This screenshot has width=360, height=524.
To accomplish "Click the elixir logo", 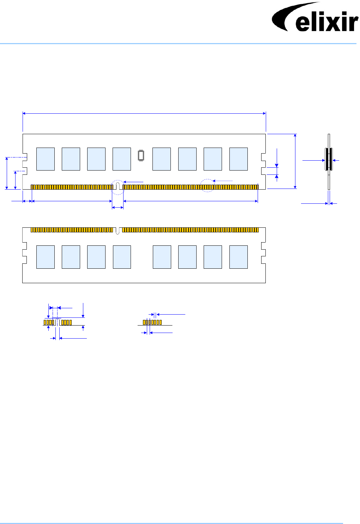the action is (x=315, y=17).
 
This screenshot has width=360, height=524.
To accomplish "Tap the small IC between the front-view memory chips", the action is (x=141, y=156).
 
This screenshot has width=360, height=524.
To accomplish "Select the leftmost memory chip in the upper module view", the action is (x=46, y=159).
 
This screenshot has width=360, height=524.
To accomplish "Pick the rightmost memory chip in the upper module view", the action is (x=239, y=159).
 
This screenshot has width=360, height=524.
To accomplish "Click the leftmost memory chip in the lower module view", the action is (x=46, y=257).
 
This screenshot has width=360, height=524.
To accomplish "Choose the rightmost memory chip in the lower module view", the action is (x=239, y=257).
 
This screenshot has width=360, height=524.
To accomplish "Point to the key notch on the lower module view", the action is (x=118, y=231).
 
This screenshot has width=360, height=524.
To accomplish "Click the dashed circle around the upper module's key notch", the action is (x=118, y=187).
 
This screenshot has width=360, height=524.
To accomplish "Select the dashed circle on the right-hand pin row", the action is (x=207, y=185).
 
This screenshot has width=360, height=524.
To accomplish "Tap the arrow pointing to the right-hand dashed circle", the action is (x=223, y=181).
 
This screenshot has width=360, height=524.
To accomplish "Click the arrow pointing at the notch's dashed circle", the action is (x=133, y=182).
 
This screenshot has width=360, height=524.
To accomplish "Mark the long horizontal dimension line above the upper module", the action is (x=144, y=113).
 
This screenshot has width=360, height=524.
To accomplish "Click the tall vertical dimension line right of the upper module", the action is (x=295, y=161).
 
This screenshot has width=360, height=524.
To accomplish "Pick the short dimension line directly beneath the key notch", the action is (x=118, y=208).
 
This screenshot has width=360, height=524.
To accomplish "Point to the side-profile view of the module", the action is (x=329, y=162).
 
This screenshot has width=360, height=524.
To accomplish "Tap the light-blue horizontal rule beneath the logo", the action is (x=178, y=43).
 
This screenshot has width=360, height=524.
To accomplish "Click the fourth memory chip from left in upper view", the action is (x=122, y=159).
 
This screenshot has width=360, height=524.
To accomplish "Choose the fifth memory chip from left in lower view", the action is (x=162, y=257).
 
